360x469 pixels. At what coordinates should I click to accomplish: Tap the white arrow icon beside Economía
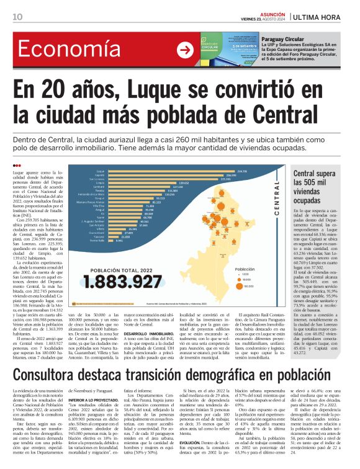[x=185, y=50]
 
